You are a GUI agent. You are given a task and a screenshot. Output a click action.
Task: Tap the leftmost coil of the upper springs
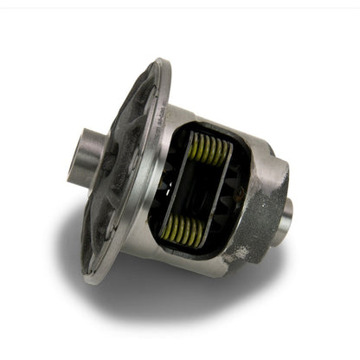point(193,147)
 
